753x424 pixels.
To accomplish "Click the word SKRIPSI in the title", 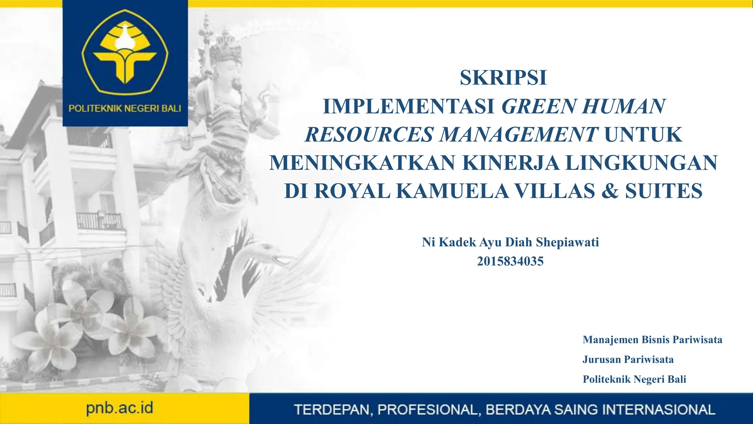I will (503, 78).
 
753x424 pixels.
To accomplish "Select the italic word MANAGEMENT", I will (519, 134).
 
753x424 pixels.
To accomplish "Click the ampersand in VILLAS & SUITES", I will (610, 191).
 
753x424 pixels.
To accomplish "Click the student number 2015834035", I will (510, 261).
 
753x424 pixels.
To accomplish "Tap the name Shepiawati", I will (567, 242).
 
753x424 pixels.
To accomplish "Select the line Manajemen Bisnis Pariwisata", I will (652, 339).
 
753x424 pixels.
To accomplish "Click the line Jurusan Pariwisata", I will (628, 359).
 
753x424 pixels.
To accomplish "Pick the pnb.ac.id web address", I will (119, 408).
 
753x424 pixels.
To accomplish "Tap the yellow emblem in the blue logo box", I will (125, 52).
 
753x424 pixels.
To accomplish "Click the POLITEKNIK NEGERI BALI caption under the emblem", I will (125, 109).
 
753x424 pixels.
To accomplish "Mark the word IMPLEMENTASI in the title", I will (408, 106).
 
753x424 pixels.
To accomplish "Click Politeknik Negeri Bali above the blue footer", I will (634, 379).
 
